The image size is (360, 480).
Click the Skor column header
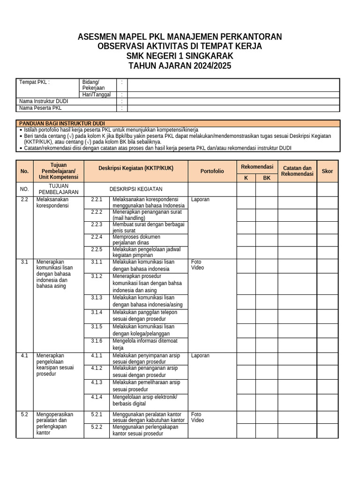pos(327,171)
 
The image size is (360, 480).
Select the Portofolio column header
pos(212,171)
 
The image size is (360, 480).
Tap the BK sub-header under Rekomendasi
pos(267,178)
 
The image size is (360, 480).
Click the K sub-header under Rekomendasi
pos(246,178)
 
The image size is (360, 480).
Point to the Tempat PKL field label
pos(34,82)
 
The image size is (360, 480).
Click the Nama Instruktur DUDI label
pos(44,101)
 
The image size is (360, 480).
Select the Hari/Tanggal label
pos(97,94)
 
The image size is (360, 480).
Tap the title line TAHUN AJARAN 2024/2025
pos(180,66)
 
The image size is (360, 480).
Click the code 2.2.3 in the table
pos(97,225)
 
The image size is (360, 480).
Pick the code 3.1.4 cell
pos(97,312)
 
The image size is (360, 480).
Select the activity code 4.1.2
pos(97,368)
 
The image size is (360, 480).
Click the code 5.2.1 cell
pos(97,414)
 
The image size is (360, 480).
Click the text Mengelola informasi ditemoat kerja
pos(144,345)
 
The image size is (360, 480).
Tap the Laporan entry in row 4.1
pos(200,356)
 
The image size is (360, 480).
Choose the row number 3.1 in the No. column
pos(25,262)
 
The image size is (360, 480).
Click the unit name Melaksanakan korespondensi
pos(52,202)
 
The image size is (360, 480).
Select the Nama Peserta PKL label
pos(40,108)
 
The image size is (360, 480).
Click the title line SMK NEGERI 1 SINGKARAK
pos(180,56)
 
